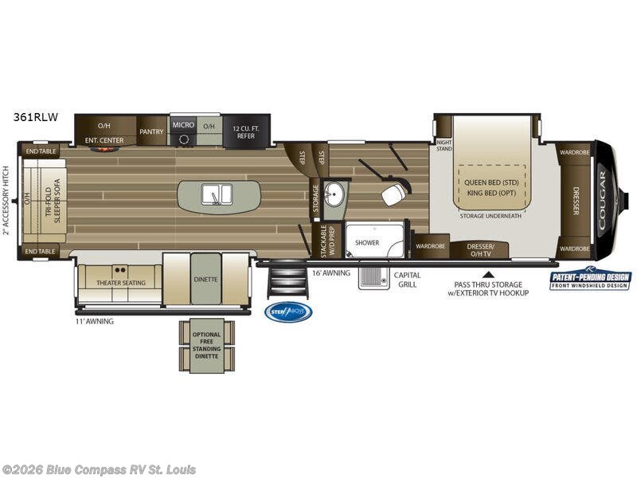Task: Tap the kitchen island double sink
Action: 217,195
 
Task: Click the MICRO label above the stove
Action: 183,125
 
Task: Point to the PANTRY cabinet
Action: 151,131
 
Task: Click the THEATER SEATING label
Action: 119,283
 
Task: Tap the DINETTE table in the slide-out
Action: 205,279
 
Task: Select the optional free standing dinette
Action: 206,344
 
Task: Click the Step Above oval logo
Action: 288,311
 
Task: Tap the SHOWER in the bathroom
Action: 367,242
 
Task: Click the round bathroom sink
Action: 336,194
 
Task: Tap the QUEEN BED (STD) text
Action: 492,182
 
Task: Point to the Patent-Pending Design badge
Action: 590,279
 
